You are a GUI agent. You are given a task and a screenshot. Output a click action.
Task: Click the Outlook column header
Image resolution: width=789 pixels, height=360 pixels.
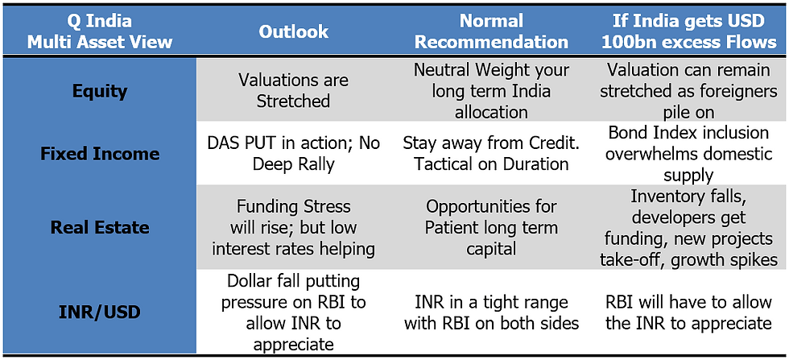293,31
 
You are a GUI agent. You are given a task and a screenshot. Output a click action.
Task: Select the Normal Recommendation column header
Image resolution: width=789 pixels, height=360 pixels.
491,31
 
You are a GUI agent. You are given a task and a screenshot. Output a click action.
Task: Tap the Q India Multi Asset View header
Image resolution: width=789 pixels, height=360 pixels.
100,31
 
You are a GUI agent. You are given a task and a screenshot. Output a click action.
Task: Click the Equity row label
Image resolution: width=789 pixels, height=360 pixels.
100,91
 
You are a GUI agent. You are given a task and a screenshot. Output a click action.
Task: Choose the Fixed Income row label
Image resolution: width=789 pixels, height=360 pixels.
100,154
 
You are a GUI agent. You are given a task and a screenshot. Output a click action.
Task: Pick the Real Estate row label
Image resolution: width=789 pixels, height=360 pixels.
100,227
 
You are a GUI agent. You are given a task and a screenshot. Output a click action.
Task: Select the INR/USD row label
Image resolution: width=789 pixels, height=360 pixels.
100,312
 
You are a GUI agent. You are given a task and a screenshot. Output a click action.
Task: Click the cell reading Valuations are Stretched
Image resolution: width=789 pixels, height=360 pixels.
293,91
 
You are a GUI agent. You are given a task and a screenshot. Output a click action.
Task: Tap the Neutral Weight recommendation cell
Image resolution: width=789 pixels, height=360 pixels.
491,91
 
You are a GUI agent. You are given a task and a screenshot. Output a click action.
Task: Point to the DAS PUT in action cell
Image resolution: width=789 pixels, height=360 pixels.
293,154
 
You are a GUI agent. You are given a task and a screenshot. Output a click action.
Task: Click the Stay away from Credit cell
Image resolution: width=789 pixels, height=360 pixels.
491,154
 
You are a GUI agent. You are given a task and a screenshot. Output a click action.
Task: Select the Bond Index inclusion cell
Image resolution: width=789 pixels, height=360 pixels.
688,154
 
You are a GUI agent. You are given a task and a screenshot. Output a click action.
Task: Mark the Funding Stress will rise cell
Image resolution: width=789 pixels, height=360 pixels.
293,227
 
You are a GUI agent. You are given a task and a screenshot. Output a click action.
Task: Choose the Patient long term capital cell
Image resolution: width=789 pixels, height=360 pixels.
491,227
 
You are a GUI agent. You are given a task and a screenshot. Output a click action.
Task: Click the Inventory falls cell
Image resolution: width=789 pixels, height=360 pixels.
688,227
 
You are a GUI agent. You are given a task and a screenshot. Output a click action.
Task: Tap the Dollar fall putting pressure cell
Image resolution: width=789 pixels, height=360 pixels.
293,312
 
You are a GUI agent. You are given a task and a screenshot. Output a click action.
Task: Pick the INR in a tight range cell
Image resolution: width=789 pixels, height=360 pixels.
491,312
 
